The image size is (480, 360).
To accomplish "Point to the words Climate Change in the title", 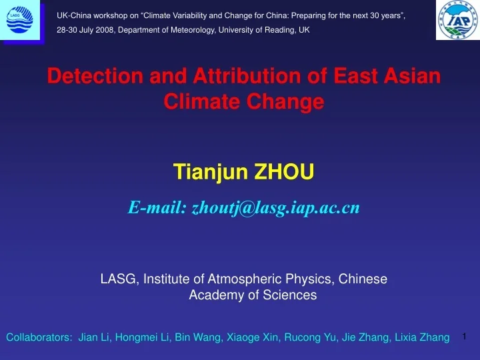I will point(244,102).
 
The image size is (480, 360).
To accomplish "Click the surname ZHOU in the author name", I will point(286,173).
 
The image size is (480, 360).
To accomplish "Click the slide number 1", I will point(465,336).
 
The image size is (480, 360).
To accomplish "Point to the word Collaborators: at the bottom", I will point(39,338).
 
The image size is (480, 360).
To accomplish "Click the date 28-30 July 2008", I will point(86,30).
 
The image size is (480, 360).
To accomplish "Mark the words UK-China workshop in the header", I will point(89,13).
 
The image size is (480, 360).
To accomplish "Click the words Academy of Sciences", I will point(253,295).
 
